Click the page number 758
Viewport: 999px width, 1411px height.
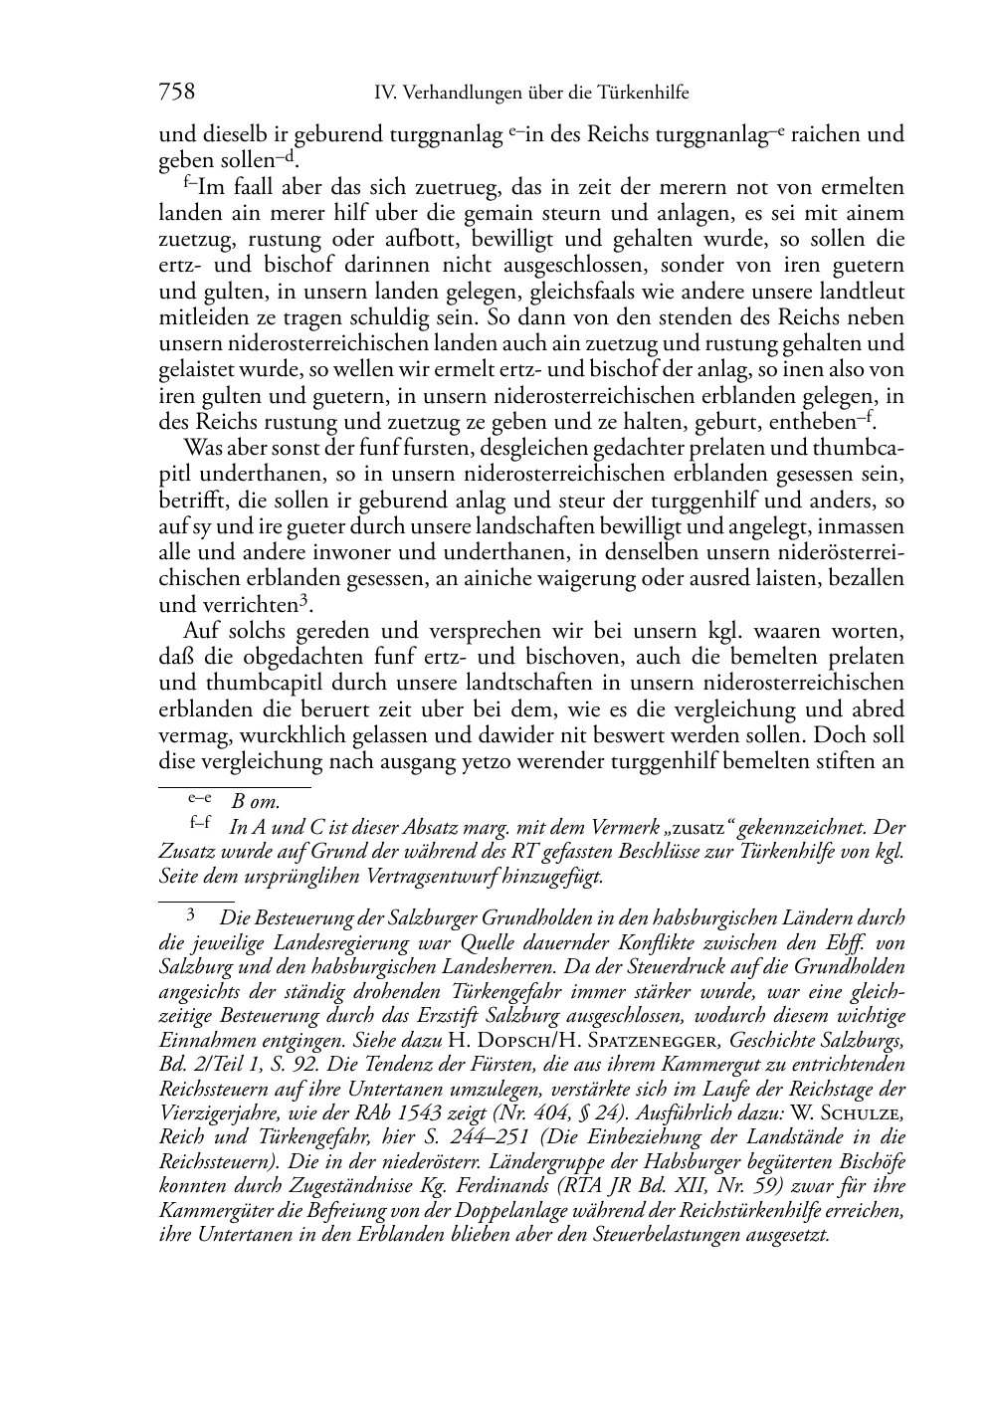[176, 93]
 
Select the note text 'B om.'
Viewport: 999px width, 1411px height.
[256, 800]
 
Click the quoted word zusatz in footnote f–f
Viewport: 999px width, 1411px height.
[700, 827]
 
